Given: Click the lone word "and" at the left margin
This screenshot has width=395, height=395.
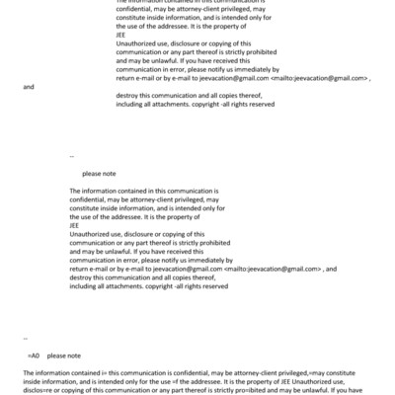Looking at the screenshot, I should (x=28, y=87).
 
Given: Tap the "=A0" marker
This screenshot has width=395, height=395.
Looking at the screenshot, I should (x=34, y=355).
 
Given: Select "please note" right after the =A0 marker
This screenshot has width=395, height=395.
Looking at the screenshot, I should (x=64, y=355).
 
